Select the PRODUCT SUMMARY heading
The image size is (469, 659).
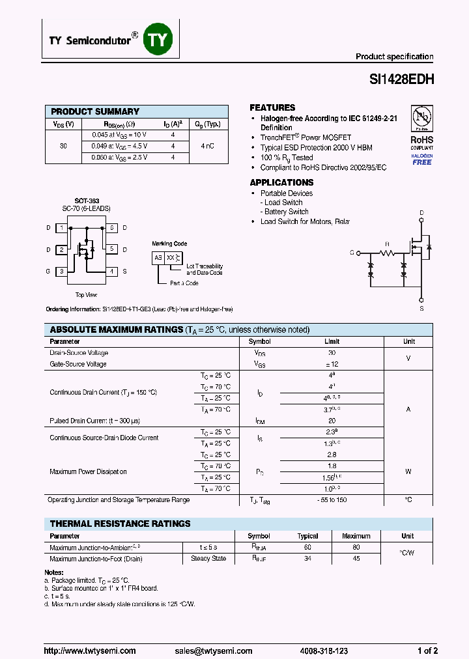[x=95, y=111]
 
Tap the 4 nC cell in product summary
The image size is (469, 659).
[x=208, y=147]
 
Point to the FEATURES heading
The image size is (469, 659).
[x=272, y=107]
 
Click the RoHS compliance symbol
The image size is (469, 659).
[x=421, y=119]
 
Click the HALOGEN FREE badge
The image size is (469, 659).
[x=421, y=160]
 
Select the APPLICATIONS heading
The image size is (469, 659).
[x=281, y=183]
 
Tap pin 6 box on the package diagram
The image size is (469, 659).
[x=112, y=228]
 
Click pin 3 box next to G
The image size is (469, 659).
[x=61, y=271]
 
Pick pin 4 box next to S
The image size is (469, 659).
[x=112, y=271]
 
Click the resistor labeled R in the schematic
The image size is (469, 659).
[x=387, y=251]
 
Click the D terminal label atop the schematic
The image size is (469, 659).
[x=421, y=214]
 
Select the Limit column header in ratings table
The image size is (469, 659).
[x=332, y=341]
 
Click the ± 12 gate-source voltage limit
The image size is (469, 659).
[x=332, y=364]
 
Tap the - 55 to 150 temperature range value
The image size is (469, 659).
[x=332, y=499]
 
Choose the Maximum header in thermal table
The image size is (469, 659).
[x=356, y=536]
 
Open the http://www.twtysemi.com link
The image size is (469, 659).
[x=90, y=651]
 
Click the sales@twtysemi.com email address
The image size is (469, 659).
[x=213, y=651]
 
